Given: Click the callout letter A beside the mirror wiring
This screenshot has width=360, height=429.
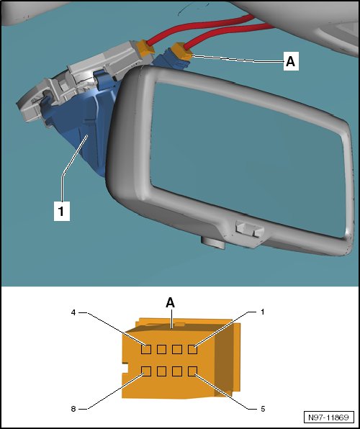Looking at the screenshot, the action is tap(291, 61).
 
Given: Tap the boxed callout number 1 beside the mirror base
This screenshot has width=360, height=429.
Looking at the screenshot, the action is tap(61, 211).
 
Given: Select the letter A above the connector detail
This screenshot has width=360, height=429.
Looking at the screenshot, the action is tap(171, 303).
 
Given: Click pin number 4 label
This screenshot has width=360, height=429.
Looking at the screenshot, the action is tap(73, 312).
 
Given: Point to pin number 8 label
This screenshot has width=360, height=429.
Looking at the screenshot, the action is tap(73, 409).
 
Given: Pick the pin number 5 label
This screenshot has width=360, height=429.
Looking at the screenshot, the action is tap(263, 409).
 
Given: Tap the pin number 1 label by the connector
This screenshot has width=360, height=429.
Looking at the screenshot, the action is tap(263, 312).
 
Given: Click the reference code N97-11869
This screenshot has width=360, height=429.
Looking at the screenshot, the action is tap(329, 417).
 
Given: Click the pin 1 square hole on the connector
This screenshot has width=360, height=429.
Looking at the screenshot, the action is tap(192, 349).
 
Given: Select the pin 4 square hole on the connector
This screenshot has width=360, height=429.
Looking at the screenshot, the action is tap(146, 349).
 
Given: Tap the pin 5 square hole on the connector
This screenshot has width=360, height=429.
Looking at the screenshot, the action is tap(192, 371).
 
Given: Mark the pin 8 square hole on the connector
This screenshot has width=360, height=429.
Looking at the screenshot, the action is tap(146, 371).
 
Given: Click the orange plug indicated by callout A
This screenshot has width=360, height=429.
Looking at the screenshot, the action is tap(181, 51).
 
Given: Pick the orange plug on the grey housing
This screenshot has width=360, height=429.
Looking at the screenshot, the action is tap(145, 48).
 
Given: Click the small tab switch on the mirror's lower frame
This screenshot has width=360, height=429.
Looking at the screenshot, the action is tap(250, 229).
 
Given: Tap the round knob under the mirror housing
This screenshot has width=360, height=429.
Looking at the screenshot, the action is tap(213, 243).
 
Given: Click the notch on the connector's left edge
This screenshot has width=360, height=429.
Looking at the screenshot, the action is tap(125, 369).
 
